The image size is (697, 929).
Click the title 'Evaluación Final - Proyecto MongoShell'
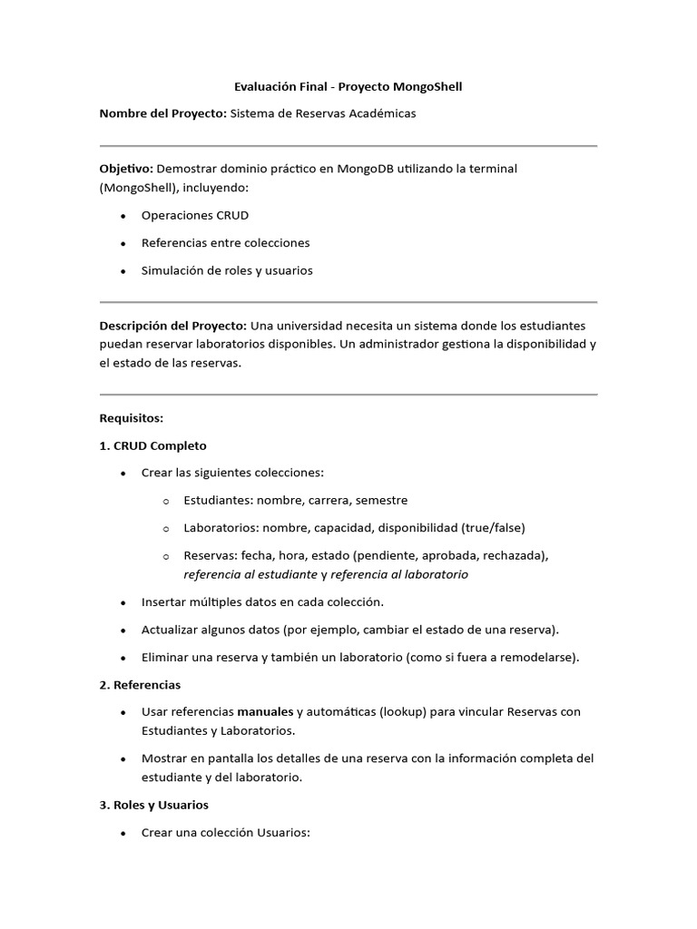coord(348,86)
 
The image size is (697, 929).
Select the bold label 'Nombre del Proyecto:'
coord(162,113)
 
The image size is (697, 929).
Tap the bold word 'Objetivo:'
coord(126,169)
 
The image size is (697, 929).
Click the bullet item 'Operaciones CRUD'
coord(194,216)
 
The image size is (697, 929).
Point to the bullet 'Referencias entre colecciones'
coord(225,243)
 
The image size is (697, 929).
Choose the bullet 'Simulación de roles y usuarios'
coord(227,270)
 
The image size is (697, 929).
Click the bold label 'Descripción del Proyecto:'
coord(172,326)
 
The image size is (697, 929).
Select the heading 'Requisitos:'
coord(131,418)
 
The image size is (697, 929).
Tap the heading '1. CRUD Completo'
coord(152,445)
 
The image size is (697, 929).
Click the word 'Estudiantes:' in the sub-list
coord(218,500)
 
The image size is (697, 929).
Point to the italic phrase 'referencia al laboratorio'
coord(399,574)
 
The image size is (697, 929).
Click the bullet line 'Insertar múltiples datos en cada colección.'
coord(263,601)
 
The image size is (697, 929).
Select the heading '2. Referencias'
coord(140,684)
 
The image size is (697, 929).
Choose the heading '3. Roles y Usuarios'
coord(153,805)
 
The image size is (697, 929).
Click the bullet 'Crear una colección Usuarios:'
coord(226,832)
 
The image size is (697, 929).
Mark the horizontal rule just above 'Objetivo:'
coord(348,146)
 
